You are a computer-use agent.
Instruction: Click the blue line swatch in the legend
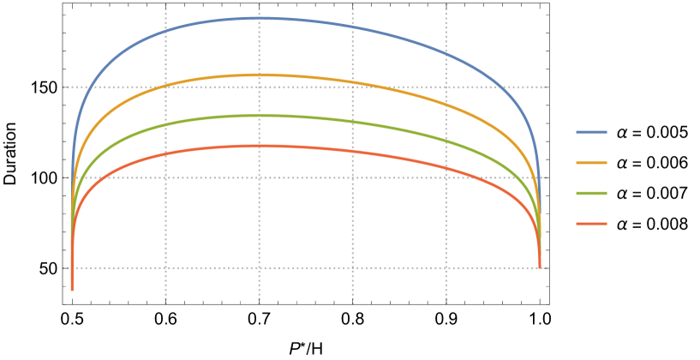[x=591, y=132]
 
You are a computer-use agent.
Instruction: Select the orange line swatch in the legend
[x=591, y=163]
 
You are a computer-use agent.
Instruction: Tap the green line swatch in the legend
[x=591, y=194]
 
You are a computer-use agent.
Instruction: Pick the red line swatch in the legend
[x=591, y=224]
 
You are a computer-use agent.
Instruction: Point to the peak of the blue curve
[x=259, y=18]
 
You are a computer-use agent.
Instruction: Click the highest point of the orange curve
[x=259, y=75]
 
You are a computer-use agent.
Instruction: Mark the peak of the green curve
[x=259, y=116]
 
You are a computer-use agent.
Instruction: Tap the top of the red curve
[x=259, y=146]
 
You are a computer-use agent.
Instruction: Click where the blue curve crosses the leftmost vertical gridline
[x=165, y=32]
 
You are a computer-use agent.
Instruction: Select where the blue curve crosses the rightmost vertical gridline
[x=446, y=54]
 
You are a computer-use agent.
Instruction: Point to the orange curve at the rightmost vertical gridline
[x=446, y=104]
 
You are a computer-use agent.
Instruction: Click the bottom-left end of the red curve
[x=72, y=290]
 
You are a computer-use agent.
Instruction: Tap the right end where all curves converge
[x=540, y=267]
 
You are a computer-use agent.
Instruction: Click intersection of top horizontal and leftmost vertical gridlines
[x=165, y=87]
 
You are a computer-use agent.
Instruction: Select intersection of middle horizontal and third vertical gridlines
[x=352, y=177]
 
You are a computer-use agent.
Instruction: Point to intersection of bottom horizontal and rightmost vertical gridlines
[x=446, y=267]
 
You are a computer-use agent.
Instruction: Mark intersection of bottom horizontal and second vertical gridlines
[x=259, y=267]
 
